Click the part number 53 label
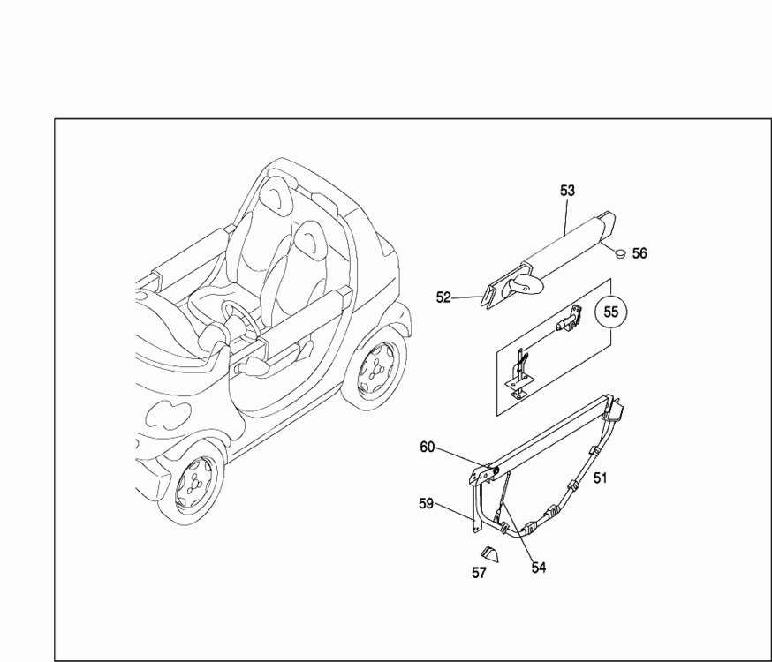click(x=567, y=191)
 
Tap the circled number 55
click(x=610, y=312)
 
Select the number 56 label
click(x=640, y=253)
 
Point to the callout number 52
click(x=443, y=297)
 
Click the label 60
click(x=427, y=448)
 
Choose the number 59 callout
click(x=426, y=504)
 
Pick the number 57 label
click(x=479, y=573)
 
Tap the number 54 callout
click(x=539, y=568)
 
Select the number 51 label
click(x=600, y=478)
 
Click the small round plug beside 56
click(x=621, y=253)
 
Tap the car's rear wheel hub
click(x=376, y=366)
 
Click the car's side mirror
click(x=252, y=368)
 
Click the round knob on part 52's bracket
click(x=526, y=285)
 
